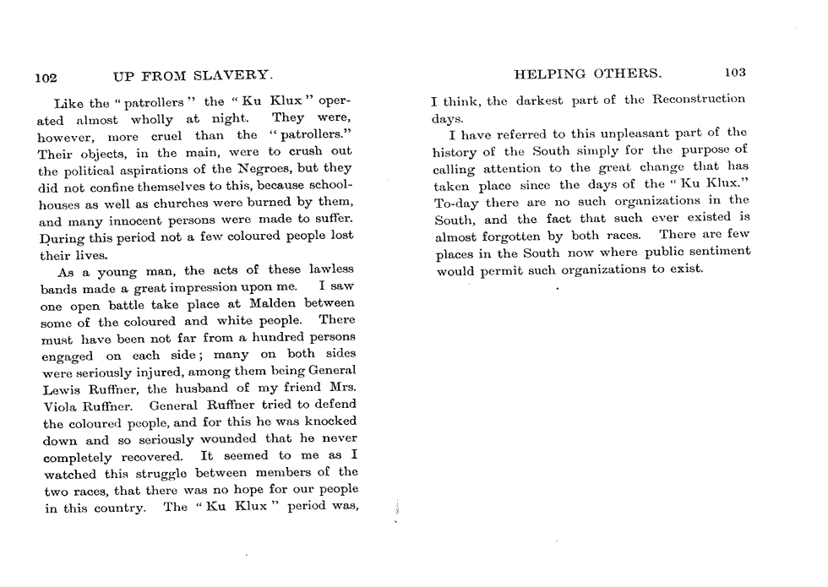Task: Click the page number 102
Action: tap(45, 78)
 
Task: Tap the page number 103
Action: tap(734, 73)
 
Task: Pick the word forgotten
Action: tap(536, 236)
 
